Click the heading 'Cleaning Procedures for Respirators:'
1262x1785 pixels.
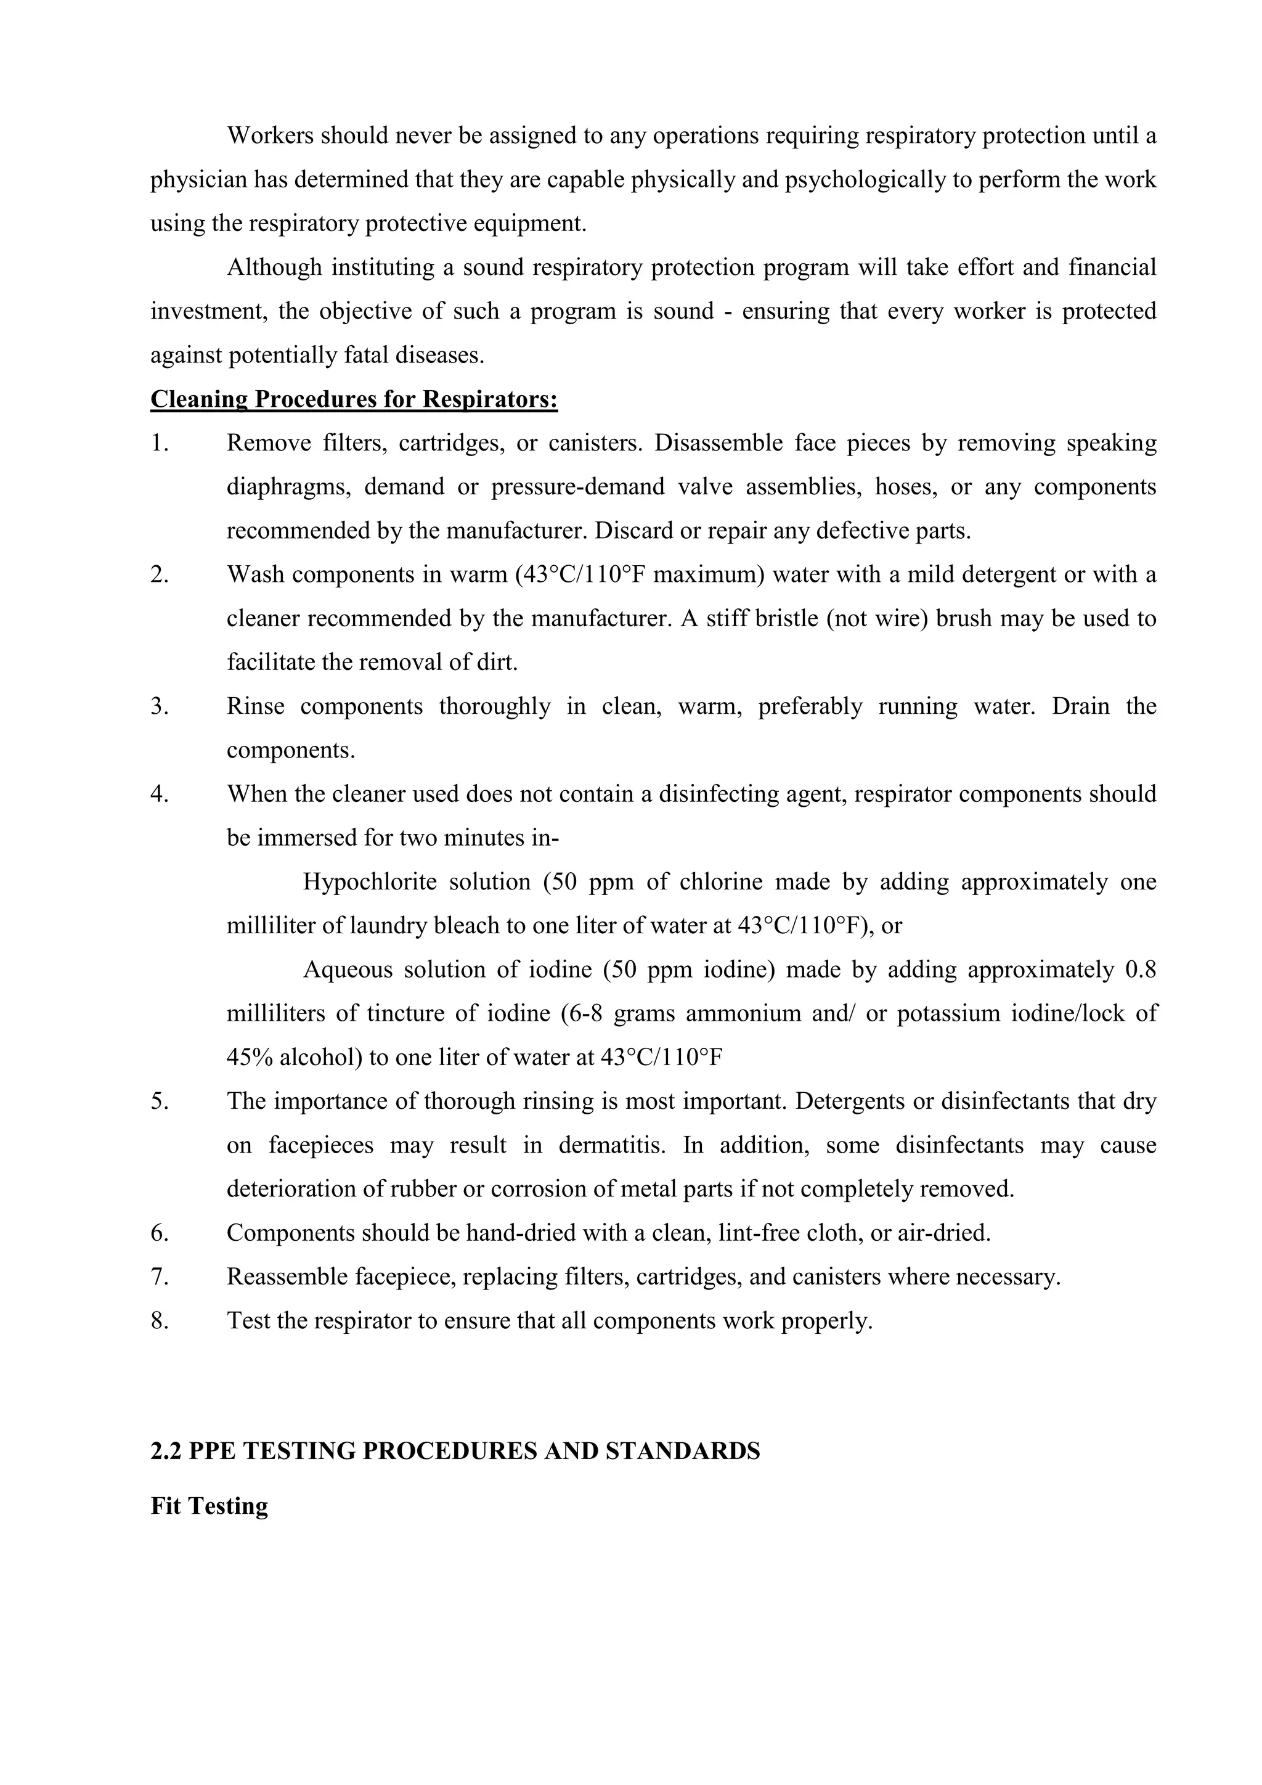coord(354,399)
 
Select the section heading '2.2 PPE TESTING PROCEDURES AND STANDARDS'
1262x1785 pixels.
coord(455,1452)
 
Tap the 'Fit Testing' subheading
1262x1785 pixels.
coord(209,1506)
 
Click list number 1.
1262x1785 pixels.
coord(160,443)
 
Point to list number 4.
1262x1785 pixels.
coord(160,794)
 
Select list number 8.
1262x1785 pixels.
coord(160,1321)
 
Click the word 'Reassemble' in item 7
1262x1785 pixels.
coord(287,1277)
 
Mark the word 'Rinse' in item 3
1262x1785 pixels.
coord(255,707)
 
